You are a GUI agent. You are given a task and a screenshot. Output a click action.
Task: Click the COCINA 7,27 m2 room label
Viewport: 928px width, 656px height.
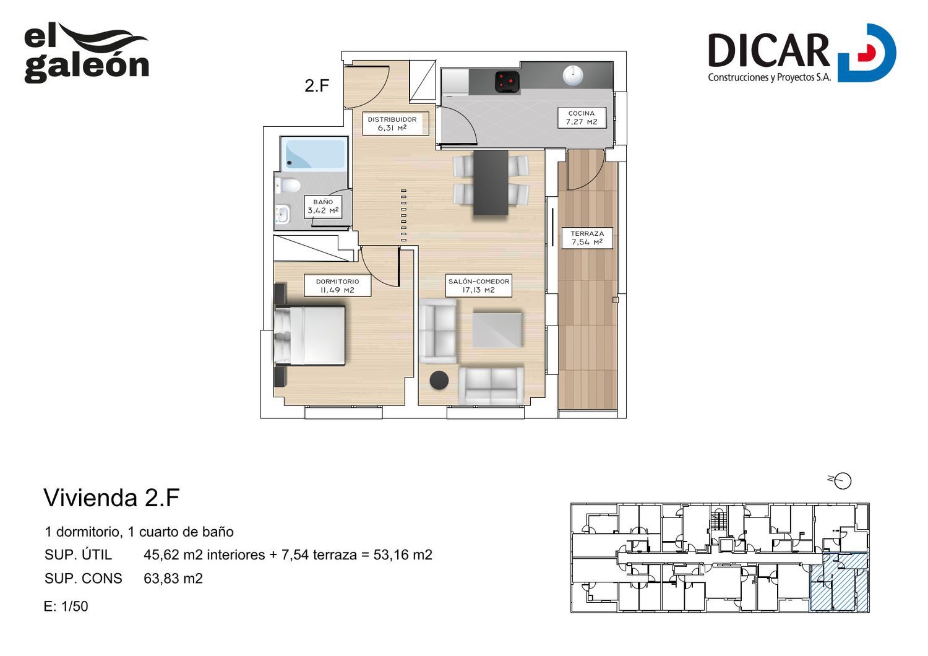coord(582,118)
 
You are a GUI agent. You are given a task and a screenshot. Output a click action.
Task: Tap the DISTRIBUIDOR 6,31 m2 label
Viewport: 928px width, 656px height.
coord(392,124)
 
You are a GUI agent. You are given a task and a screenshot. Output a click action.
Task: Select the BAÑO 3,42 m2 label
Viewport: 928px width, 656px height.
coord(323,206)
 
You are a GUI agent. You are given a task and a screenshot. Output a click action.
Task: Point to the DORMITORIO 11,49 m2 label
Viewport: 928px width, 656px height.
coord(337,285)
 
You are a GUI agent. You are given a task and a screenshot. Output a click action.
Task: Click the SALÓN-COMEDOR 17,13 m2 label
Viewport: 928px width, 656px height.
coord(478,285)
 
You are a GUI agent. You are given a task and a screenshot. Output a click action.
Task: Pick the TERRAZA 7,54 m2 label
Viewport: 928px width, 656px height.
coord(587,238)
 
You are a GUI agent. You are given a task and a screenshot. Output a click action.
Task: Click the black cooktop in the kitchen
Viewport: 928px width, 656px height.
coord(507,81)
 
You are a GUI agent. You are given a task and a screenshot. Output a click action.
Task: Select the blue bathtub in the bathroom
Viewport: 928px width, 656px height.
coord(314,153)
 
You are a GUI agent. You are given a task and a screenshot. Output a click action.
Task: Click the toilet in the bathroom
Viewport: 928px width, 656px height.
coord(288,185)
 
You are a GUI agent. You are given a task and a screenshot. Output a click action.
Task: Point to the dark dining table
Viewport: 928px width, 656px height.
coord(491,183)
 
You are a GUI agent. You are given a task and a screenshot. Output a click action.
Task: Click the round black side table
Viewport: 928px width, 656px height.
coord(439,380)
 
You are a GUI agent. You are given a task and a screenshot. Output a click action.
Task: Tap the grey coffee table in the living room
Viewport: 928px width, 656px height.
coord(497,330)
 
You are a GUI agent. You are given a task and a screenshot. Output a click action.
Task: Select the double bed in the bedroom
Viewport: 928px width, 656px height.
coord(309,335)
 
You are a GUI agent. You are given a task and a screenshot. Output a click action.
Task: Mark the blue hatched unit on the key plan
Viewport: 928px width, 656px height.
coord(839,582)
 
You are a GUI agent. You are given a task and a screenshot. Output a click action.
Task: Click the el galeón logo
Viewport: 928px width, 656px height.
coord(86,53)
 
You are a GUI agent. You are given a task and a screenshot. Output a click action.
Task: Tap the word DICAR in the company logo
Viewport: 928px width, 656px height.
coord(768,51)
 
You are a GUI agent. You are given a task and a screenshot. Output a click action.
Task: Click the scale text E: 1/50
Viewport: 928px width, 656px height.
coord(66,606)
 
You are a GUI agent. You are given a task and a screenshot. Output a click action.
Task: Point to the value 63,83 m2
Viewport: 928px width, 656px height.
coord(173,578)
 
